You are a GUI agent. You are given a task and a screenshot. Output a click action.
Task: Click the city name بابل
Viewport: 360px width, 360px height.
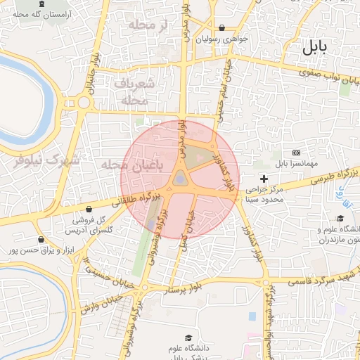(x=314, y=48)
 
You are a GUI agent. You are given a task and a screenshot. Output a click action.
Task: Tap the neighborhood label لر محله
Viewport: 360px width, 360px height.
(x=146, y=26)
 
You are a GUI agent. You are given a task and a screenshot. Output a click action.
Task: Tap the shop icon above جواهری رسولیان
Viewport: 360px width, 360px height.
(x=222, y=28)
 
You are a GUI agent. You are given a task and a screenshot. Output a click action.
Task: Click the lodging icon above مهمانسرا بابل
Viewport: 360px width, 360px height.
(x=295, y=153)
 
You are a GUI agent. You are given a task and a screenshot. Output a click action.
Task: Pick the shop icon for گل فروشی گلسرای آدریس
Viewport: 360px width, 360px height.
(x=89, y=209)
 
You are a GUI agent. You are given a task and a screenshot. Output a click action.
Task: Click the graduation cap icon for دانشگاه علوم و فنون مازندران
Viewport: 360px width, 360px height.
(x=340, y=219)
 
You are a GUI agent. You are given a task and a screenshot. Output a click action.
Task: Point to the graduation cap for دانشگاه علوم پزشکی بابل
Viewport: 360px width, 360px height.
(x=188, y=338)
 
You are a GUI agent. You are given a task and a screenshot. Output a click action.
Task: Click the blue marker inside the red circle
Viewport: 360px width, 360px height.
(x=181, y=180)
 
